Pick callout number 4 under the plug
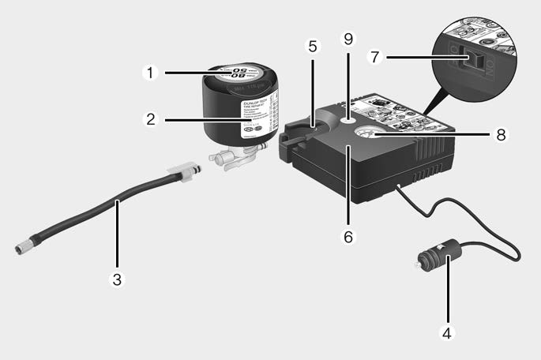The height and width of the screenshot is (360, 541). click(x=447, y=333)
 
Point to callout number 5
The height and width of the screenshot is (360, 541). click(x=313, y=47)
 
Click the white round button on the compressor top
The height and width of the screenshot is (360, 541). click(x=348, y=120)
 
